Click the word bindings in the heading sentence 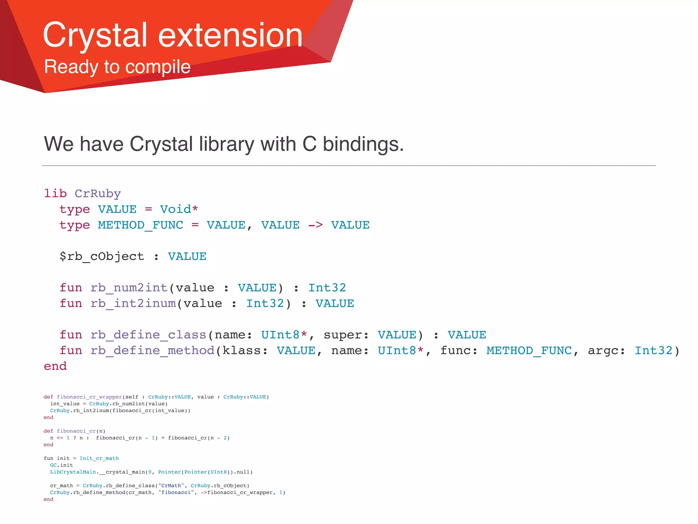(x=363, y=144)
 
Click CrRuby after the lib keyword (x=98, y=194)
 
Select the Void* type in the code (x=179, y=209)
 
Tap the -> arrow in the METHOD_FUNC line (x=315, y=225)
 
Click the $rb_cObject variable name (x=102, y=257)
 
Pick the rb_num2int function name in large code (x=129, y=288)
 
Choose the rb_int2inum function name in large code (x=133, y=304)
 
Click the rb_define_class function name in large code (x=148, y=335)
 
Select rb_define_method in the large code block (x=152, y=351)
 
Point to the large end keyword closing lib (x=55, y=366)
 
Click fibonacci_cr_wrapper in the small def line (x=89, y=397)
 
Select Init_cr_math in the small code (x=99, y=458)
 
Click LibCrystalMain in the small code (x=73, y=472)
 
